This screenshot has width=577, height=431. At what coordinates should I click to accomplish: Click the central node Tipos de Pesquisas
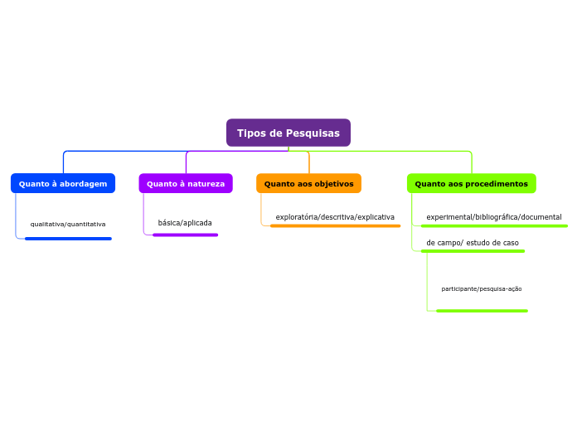click(288, 133)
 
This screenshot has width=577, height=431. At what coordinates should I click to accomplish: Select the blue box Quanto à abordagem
click(63, 183)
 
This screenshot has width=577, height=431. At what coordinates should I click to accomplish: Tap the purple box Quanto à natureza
click(186, 183)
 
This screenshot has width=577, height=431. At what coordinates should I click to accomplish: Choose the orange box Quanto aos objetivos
click(308, 183)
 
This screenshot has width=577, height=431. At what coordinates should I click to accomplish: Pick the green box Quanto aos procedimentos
click(471, 183)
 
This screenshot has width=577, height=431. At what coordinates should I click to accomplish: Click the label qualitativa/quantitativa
click(68, 224)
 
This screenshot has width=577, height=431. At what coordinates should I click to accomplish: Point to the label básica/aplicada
click(185, 223)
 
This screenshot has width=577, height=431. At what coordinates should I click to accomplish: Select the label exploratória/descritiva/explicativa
click(335, 217)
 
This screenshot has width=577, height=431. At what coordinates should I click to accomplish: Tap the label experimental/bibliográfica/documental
click(494, 217)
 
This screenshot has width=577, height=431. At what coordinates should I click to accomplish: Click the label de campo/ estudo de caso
click(473, 243)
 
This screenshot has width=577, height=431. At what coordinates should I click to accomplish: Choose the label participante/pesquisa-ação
click(482, 288)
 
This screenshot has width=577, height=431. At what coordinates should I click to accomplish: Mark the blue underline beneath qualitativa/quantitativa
click(68, 239)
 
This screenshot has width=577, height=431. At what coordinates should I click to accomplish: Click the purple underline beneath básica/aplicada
click(185, 235)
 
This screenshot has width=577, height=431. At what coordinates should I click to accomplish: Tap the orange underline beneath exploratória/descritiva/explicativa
click(335, 225)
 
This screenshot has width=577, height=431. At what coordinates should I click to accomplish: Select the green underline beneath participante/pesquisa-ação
click(482, 311)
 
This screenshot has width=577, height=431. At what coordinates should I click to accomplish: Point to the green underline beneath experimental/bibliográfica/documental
click(494, 225)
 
